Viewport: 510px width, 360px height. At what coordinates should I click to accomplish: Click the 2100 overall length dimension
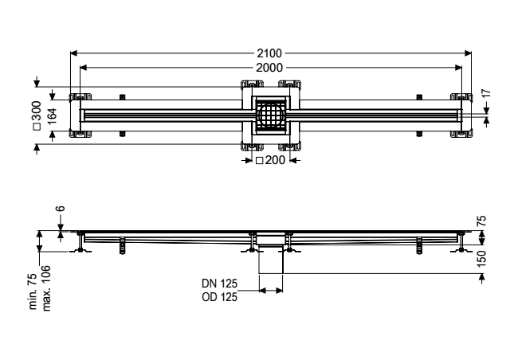coord(269,53)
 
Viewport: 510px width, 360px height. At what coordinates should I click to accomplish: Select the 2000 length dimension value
coord(269,68)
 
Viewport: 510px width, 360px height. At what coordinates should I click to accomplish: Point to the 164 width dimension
coord(52,115)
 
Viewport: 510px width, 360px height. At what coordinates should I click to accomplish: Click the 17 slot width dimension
coord(485,94)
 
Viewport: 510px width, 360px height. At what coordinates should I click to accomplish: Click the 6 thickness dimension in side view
coord(61,209)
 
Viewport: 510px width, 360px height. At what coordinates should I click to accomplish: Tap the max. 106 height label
coord(46,288)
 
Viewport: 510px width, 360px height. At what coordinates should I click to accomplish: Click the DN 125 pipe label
coord(220,284)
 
